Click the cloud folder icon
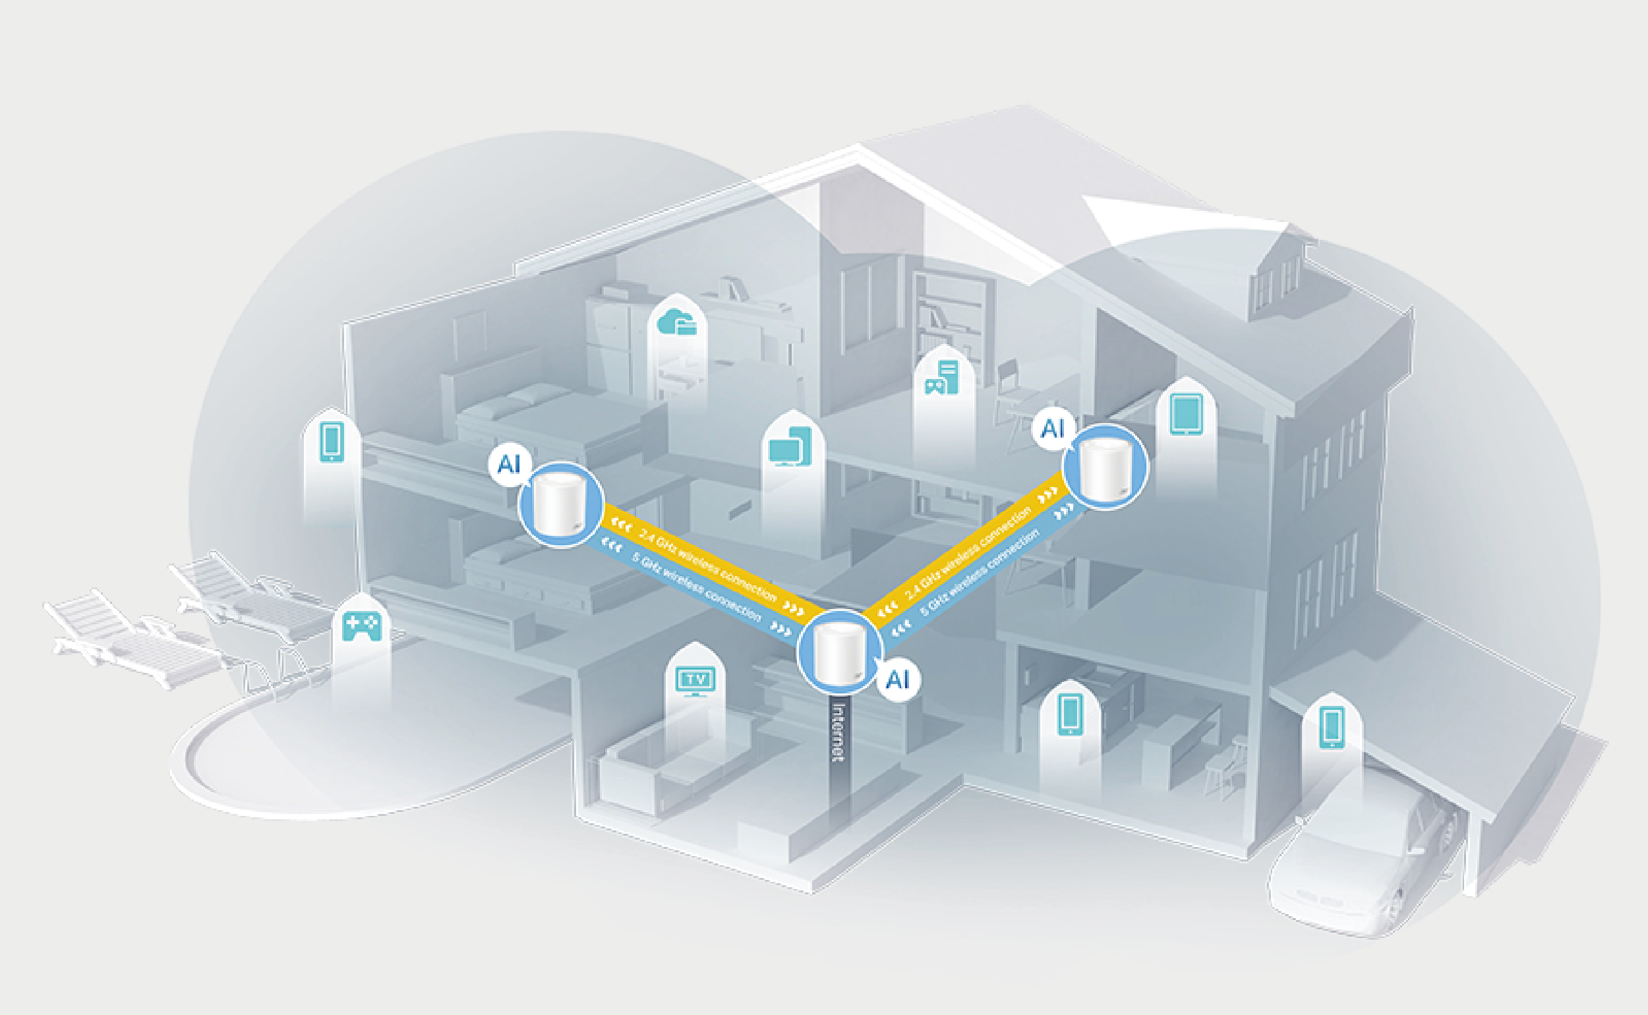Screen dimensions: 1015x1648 coord(676,322)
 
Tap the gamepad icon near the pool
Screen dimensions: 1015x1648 coord(362,625)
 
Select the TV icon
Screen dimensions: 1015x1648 coord(695,681)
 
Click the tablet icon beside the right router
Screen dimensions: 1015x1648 coord(1185,414)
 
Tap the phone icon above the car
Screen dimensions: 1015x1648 coord(1332,728)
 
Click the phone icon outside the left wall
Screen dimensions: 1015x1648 coord(332,441)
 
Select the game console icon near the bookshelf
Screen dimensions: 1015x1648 coord(942,378)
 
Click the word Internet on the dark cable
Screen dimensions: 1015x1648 coord(838,732)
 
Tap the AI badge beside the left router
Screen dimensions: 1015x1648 coord(510,463)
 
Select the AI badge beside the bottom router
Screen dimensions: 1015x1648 coord(898,680)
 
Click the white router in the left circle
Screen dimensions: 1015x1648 coord(561,506)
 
